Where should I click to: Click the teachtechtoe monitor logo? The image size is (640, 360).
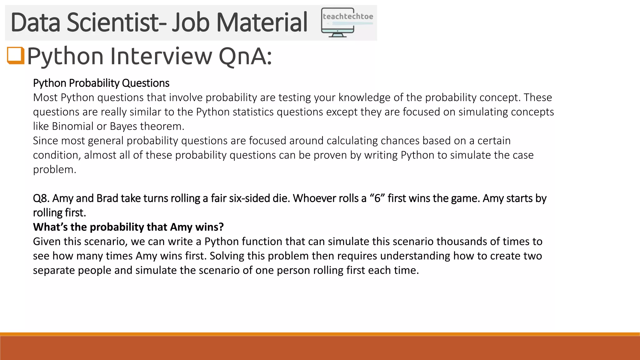pos(347,22)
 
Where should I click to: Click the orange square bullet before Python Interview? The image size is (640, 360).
pos(16,55)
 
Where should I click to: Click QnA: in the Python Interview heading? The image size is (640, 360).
pos(245,56)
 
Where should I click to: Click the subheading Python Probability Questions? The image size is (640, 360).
pos(101,83)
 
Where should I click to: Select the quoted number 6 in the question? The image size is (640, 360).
pos(377,198)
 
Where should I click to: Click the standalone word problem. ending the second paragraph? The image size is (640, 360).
pos(54,170)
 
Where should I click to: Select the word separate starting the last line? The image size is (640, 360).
pos(53,270)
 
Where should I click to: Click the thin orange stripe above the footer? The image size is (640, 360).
pos(320,334)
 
